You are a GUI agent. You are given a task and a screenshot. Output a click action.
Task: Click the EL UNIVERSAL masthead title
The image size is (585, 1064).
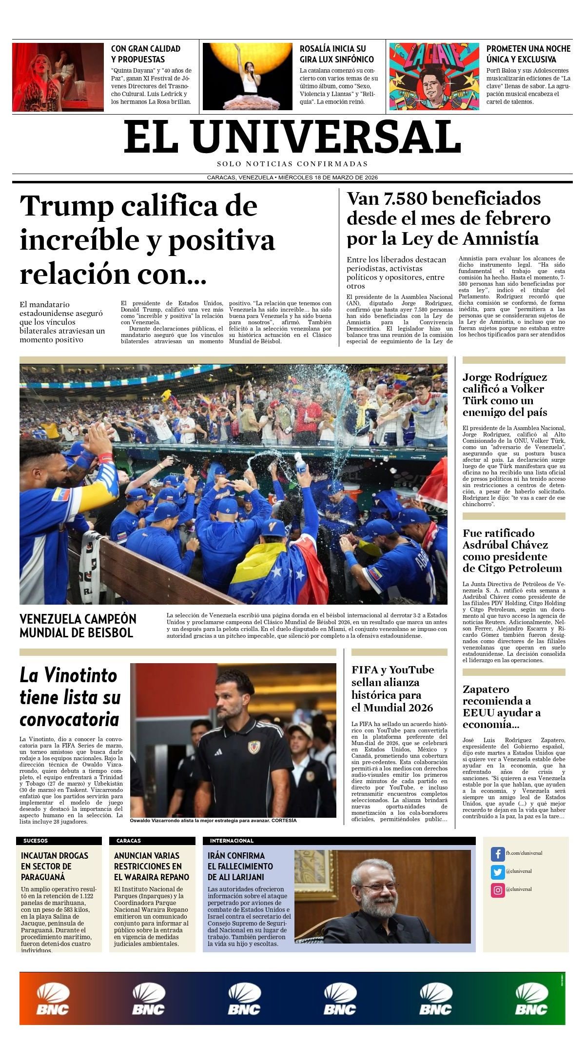pos(292,137)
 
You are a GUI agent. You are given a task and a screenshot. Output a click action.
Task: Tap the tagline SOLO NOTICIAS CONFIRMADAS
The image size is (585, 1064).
pos(292,164)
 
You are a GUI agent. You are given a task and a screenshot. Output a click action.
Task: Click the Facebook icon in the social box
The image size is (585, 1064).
pos(497,854)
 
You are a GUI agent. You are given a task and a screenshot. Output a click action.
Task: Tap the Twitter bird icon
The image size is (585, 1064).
pos(497,872)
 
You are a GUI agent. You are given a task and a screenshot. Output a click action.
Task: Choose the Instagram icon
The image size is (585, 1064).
pos(497,890)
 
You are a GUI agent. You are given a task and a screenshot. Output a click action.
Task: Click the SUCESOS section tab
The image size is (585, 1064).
pos(36,841)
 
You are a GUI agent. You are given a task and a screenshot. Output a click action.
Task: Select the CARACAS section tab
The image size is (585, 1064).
pos(128,841)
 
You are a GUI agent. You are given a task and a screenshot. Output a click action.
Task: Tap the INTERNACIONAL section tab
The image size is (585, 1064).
pos(232,841)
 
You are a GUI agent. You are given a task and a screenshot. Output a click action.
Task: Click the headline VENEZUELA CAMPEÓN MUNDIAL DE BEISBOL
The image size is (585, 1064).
pos(78,626)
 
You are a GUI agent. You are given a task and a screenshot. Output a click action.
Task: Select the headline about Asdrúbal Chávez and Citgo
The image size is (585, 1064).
pos(512,551)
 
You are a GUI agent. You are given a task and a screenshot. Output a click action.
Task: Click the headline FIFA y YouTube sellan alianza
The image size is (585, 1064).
pos(392,689)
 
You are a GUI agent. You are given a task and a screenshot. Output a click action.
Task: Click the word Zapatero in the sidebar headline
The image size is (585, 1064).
pos(486,690)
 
